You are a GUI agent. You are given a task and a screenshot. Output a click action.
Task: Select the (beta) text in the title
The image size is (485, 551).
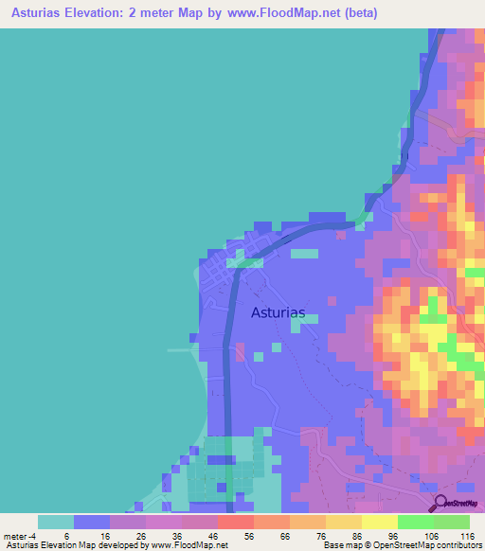pos(360,13)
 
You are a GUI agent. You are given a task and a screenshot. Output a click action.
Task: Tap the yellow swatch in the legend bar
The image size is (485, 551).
pos(379,522)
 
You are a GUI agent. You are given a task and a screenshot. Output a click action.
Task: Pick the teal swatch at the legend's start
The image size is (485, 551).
pos(56,522)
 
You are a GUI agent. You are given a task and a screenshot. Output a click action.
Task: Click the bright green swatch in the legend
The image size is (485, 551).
pos(415,522)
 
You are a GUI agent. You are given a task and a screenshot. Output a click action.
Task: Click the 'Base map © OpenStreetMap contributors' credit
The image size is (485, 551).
pos(401,545)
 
